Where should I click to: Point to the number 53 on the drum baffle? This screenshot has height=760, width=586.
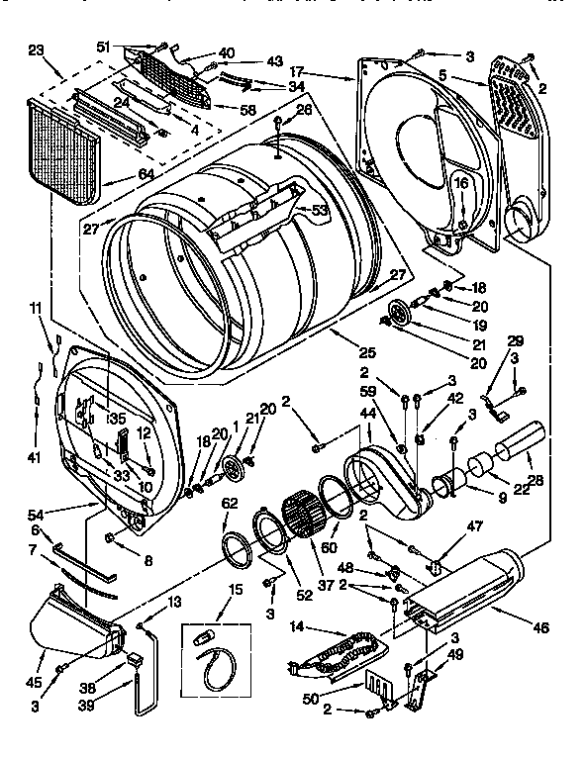pyautogui.click(x=320, y=210)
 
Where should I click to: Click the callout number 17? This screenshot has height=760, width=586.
pyautogui.click(x=296, y=72)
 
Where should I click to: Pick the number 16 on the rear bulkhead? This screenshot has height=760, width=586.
pyautogui.click(x=460, y=184)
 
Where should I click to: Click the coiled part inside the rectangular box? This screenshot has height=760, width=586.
pyautogui.click(x=213, y=667)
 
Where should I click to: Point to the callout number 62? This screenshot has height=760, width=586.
pyautogui.click(x=230, y=503)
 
